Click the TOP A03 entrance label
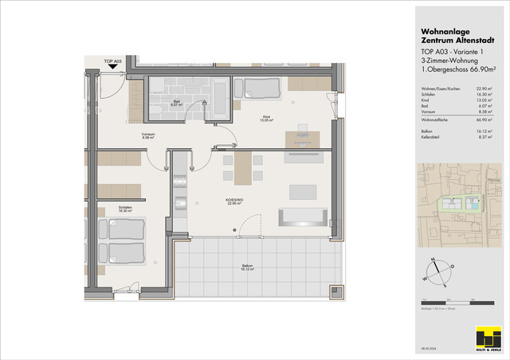(x=112, y=61)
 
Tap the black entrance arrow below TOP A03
(x=113, y=68)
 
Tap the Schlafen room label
(x=124, y=209)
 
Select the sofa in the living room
(x=302, y=217)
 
